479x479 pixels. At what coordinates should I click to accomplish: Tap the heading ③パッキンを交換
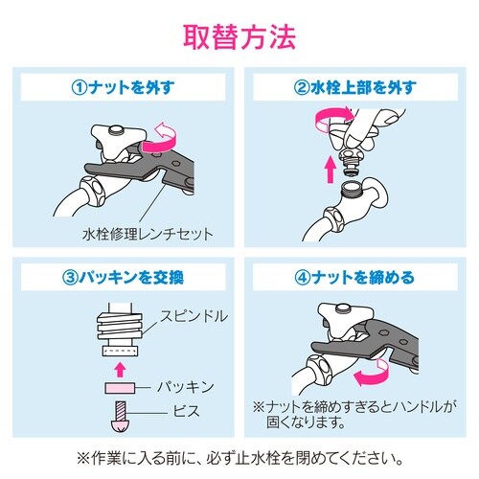pos(123,280)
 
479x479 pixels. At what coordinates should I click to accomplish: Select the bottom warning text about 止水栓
pos(239,455)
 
